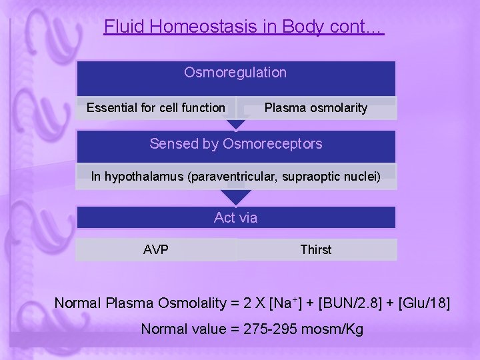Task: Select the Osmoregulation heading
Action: [235, 73]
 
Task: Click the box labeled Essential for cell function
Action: [156, 108]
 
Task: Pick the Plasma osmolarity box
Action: [315, 108]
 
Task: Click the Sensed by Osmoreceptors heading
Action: [235, 144]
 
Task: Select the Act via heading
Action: [235, 218]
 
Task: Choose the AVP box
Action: [156, 250]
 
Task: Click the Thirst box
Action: [315, 250]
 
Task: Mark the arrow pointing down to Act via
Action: [235, 198]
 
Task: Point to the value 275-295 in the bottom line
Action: [274, 329]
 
